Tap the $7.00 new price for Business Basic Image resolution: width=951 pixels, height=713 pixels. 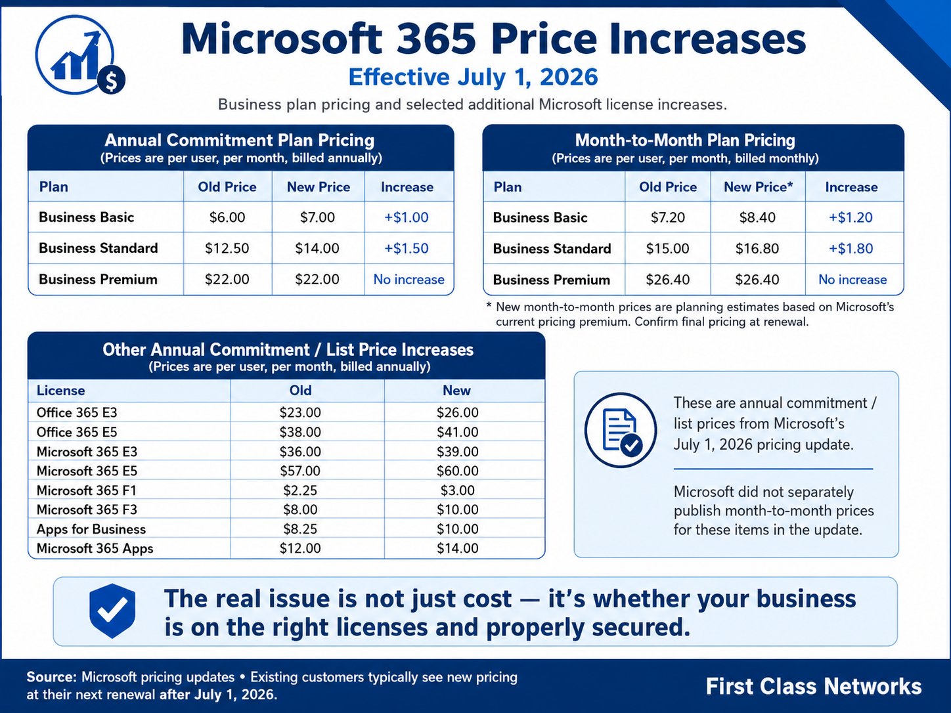point(318,217)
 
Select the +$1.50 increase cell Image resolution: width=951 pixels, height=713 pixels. point(407,248)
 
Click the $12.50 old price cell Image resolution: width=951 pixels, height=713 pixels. point(227,248)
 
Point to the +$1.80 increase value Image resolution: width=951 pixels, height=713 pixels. point(851,248)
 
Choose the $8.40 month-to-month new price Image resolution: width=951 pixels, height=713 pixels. point(757,217)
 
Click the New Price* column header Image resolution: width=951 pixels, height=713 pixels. point(758,186)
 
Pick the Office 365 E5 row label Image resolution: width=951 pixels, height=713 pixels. point(77,432)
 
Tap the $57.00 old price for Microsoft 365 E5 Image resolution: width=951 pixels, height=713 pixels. point(300,471)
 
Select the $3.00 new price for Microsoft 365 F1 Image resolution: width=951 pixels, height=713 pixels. point(458,490)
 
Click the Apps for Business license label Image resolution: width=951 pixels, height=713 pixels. point(91,529)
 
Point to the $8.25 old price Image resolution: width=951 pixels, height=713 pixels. point(300,529)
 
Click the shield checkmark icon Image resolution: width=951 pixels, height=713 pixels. point(112,611)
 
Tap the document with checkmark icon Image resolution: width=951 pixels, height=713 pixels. point(621,430)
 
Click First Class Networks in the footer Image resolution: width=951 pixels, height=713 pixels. point(814,686)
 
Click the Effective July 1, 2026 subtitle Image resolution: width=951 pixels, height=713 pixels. point(473,77)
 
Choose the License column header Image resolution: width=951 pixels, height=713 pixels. point(60,391)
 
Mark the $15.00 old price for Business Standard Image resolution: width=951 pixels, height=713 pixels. point(668,248)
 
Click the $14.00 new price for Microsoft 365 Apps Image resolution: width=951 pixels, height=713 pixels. point(458,548)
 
